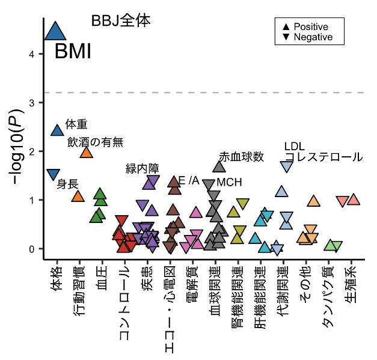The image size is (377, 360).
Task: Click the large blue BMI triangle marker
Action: click(x=55, y=31)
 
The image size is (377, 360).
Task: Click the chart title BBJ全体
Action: click(x=121, y=20)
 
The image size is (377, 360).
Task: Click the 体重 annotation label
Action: click(x=76, y=124)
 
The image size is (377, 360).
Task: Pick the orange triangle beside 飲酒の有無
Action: click(x=87, y=152)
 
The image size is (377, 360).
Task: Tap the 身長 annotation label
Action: click(x=67, y=184)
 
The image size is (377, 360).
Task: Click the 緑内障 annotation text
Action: click(x=143, y=168)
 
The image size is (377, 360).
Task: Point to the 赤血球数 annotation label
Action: click(x=242, y=157)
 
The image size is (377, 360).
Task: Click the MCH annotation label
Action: click(x=229, y=182)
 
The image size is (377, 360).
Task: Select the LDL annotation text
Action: click(x=295, y=147)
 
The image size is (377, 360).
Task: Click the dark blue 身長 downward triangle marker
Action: click(x=54, y=174)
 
